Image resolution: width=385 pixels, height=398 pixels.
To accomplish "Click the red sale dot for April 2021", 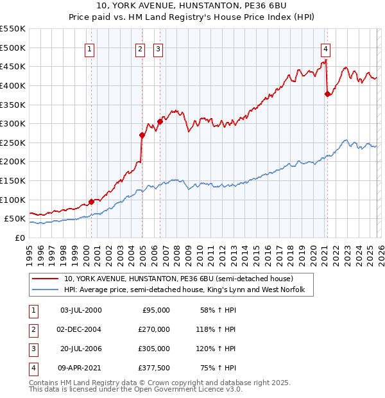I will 327,94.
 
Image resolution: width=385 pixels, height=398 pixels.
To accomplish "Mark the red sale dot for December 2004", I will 142,135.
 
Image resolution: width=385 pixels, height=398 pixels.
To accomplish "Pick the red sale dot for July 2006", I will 160,121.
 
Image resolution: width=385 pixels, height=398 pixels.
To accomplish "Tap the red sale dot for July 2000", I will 91,201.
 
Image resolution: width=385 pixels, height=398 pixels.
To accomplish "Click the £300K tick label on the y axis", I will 13,123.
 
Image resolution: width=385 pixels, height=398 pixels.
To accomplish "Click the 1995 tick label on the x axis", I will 30,250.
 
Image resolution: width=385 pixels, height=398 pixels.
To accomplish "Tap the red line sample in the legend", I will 46,279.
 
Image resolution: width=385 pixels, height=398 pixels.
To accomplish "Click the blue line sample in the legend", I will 46,290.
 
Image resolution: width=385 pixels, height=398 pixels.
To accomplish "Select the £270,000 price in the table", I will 154,329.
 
